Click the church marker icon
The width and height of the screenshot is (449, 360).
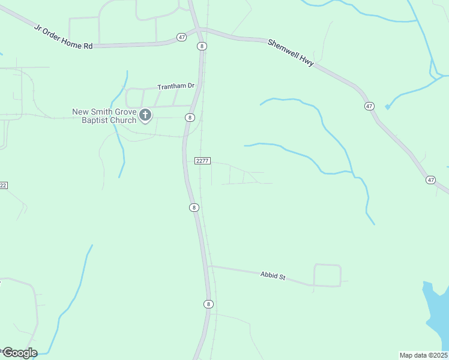[x=145, y=115]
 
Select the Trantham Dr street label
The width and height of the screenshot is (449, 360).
[x=176, y=86]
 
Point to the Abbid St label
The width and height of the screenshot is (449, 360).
[x=273, y=276]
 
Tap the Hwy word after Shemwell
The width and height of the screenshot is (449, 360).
[x=307, y=61]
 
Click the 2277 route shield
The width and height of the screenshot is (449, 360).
[x=202, y=160]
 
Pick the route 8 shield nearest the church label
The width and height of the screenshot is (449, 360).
[x=189, y=117]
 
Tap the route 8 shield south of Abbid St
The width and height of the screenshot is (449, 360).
[x=208, y=304]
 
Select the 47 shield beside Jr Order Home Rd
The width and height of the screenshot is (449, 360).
[x=182, y=37]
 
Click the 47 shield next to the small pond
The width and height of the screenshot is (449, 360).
[x=369, y=106]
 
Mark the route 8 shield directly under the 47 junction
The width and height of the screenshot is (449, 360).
[x=202, y=46]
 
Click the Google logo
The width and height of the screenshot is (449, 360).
[x=19, y=353]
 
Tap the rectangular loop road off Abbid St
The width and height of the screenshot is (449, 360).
[x=327, y=275]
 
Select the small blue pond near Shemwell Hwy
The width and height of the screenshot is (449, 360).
[x=388, y=107]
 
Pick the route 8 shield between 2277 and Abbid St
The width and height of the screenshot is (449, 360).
[x=193, y=208]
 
